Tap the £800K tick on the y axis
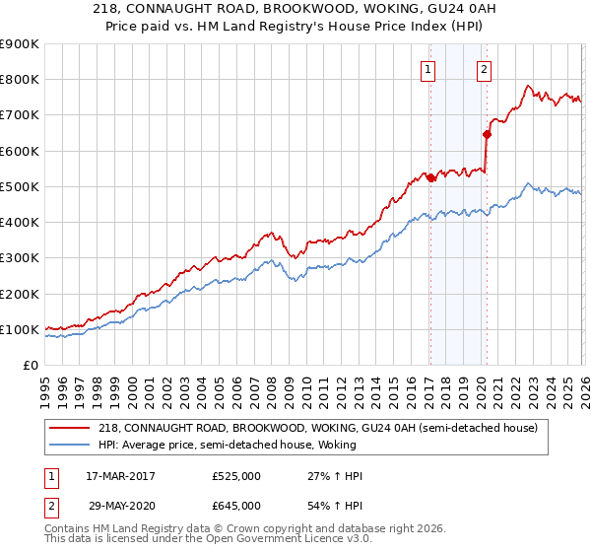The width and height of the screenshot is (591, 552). pyautogui.click(x=20, y=80)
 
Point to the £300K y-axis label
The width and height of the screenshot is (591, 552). pyautogui.click(x=20, y=258)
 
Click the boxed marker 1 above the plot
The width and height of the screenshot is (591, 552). pyautogui.click(x=429, y=69)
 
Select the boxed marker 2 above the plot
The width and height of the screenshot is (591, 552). pyautogui.click(x=485, y=69)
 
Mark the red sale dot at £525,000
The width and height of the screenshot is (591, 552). pyautogui.click(x=430, y=177)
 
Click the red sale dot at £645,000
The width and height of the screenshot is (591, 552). pyautogui.click(x=486, y=134)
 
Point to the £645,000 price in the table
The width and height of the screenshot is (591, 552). pyautogui.click(x=236, y=505)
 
